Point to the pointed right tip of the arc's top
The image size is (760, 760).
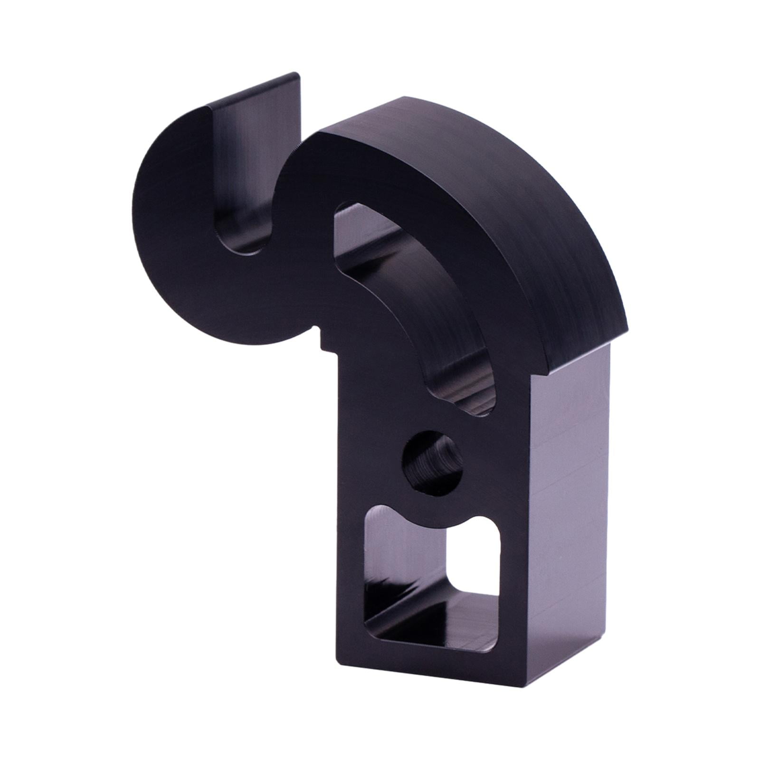pyautogui.click(x=627, y=328)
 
